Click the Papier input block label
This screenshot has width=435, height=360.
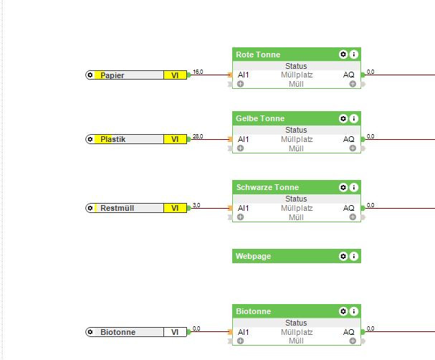tap(113, 75)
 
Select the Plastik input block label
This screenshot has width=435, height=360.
tap(113, 139)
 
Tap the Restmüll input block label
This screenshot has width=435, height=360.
tap(117, 208)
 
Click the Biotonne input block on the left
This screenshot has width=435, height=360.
tap(118, 332)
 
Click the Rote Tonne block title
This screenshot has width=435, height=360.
tap(258, 55)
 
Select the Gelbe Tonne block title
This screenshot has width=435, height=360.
tap(260, 118)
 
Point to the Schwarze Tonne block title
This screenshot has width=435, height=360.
tap(267, 187)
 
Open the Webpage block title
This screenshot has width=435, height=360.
tap(254, 256)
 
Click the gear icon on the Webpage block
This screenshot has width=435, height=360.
tap(343, 256)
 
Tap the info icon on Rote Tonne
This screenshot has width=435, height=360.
tap(354, 55)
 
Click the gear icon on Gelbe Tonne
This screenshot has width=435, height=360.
tap(343, 118)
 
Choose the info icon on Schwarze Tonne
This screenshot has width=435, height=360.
tap(354, 187)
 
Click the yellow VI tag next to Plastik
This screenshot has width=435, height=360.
tap(175, 139)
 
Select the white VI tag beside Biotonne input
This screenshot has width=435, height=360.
tap(175, 332)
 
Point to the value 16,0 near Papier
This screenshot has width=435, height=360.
tap(198, 72)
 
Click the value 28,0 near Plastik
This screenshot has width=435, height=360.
tap(198, 136)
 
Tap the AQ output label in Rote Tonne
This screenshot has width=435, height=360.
tap(348, 75)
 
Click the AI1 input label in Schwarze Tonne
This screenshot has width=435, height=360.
tap(244, 208)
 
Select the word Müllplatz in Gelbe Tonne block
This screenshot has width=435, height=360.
tap(297, 139)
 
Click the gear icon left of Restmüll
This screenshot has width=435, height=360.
tap(90, 208)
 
